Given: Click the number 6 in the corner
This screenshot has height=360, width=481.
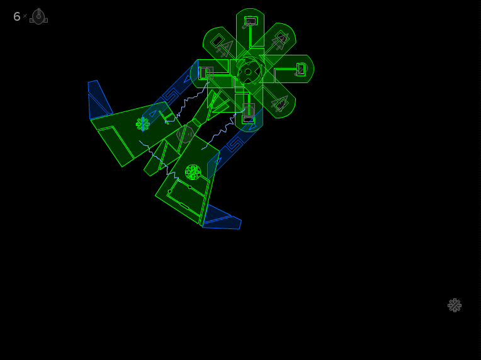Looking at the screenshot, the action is click(17, 16).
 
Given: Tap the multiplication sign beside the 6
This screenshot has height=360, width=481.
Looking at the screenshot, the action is click(25, 16).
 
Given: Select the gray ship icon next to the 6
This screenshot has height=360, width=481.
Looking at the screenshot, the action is click(38, 16).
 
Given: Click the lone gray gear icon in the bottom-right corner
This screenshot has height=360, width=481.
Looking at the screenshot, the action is click(455, 305).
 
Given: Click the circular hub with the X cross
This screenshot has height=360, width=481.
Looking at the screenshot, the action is click(248, 72).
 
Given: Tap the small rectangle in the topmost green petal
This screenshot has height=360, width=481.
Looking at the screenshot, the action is click(251, 21).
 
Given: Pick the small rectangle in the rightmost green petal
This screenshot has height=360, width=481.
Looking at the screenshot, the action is click(301, 69).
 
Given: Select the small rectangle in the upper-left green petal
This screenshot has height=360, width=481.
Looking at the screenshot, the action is click(217, 40).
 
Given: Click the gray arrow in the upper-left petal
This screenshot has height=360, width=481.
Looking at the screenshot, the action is click(225, 48).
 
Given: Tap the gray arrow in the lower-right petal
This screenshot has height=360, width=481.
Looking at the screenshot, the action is click(280, 103).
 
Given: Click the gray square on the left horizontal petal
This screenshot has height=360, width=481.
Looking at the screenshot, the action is click(206, 73).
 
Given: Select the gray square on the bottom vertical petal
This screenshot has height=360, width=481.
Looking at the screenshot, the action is click(249, 110).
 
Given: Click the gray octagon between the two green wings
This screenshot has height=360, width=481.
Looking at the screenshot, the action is click(185, 134).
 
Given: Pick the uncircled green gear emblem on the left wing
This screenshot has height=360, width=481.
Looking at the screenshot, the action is click(143, 124).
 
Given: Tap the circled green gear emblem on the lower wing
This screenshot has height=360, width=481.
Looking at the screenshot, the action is click(193, 172).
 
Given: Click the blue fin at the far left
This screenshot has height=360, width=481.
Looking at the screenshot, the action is click(99, 99).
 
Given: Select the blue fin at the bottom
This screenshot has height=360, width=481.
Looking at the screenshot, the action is click(222, 218).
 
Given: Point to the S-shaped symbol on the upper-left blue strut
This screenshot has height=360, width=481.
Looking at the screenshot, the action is click(171, 96).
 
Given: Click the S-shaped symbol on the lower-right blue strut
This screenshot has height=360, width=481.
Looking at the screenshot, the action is click(235, 144).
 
